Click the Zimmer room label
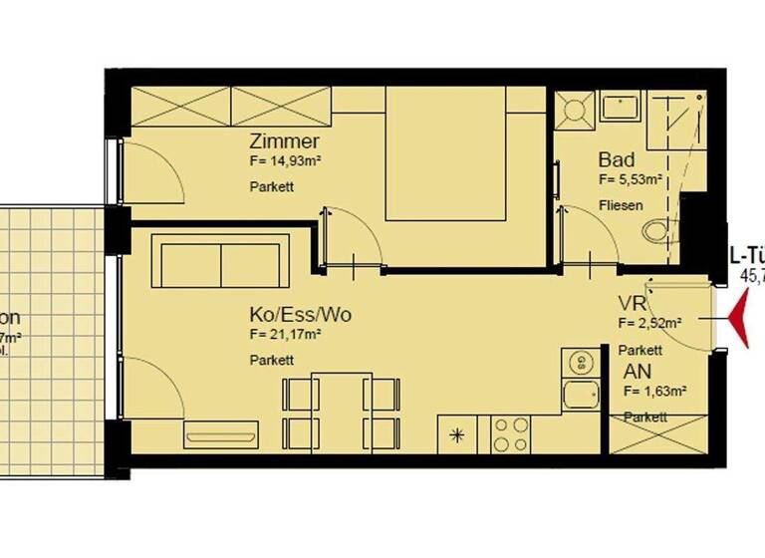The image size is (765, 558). coord(285,141)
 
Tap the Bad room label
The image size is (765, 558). coord(617,160)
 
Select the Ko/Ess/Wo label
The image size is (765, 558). coord(300,315)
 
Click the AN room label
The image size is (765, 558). coord(637,371)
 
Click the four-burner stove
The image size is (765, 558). coord(511,433)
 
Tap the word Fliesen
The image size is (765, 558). coord(621,206)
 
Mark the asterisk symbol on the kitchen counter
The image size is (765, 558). coord(458,434)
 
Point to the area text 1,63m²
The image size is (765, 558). coord(656,391)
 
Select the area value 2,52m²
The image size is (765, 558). coord(650,323)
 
